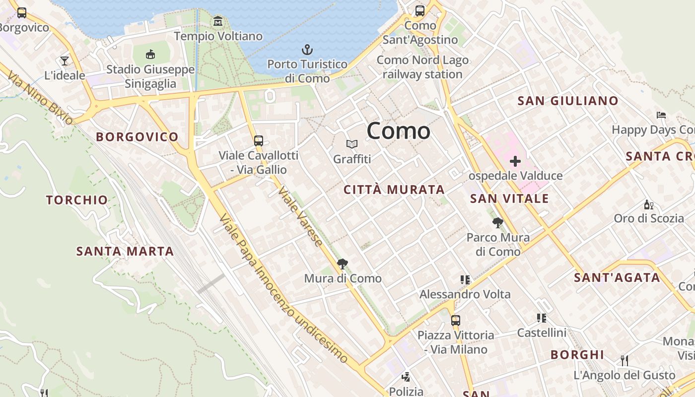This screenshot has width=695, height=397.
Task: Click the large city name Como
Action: pos(398,131)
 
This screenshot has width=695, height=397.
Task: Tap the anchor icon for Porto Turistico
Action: pos(307,50)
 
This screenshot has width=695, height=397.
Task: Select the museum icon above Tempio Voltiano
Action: pos(218,21)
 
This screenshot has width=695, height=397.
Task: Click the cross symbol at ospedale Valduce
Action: pos(515,161)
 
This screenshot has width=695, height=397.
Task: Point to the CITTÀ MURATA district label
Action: pos(394,190)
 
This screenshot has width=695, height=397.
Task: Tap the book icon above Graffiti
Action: pos(352,144)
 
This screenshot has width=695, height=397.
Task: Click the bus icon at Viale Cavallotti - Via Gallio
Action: pos(259,140)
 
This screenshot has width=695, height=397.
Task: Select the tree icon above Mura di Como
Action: pos(342,264)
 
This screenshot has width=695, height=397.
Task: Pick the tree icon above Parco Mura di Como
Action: pos(497,222)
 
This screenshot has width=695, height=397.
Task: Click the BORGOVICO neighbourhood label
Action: pos(137,137)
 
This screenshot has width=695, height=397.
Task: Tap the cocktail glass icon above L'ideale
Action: pos(65,61)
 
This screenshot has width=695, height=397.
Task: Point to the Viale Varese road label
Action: pos(300,216)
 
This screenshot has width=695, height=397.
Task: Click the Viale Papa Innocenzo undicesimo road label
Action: pos(283,288)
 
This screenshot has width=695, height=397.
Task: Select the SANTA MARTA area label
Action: pos(125,252)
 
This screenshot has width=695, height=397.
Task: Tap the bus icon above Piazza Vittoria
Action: pos(456,320)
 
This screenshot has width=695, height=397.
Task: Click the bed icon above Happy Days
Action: pos(661,115)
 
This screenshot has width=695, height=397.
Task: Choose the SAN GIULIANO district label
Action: pos(568,101)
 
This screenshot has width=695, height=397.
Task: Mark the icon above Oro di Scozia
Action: pos(648,204)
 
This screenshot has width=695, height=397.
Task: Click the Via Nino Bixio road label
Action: pos(40,98)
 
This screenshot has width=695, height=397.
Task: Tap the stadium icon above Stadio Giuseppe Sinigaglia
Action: pos(150,54)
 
